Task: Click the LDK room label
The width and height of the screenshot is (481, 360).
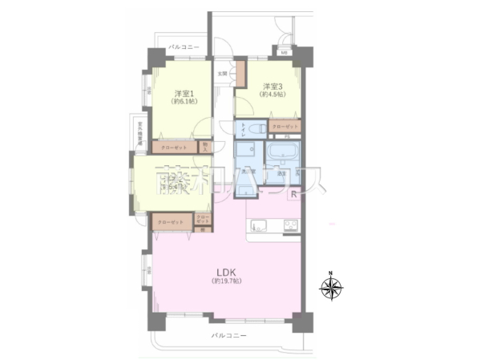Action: (x=226, y=271)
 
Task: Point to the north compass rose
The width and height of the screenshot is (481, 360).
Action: (x=331, y=288)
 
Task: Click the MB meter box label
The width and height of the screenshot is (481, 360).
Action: (x=284, y=54)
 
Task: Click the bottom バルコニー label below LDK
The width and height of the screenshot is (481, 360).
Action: (x=228, y=334)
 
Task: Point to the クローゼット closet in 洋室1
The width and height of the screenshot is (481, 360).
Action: (x=171, y=148)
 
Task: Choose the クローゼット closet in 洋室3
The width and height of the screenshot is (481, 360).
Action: (x=284, y=127)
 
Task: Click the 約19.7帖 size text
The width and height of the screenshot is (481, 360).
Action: (x=226, y=281)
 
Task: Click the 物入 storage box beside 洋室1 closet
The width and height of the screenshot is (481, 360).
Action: (x=204, y=148)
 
